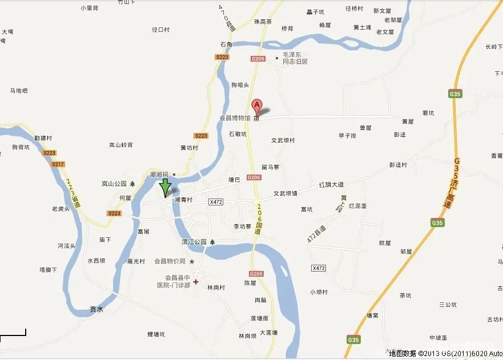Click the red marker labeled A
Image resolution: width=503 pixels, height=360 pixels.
coord(257,106)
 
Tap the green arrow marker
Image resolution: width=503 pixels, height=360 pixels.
coord(165,187)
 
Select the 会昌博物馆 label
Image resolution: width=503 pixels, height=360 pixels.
coord(235,118)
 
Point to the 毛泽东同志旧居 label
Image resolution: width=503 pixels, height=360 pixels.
coord(291,58)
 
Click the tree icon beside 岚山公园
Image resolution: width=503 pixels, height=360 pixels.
coord(132,184)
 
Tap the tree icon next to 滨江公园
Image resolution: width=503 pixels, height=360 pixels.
coord(212,242)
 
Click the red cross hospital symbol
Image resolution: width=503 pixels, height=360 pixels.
coord(195,282)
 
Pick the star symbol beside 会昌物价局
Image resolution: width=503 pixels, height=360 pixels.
coord(192,261)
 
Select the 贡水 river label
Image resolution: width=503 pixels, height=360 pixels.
coord(96,309)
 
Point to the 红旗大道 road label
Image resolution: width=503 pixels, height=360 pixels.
coord(331,185)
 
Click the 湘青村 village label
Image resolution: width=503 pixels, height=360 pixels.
coord(183,200)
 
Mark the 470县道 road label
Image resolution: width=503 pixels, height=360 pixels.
coord(227,18)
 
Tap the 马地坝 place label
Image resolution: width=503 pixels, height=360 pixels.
coord(19,91)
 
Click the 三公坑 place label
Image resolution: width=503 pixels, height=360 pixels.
coord(448,305)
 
